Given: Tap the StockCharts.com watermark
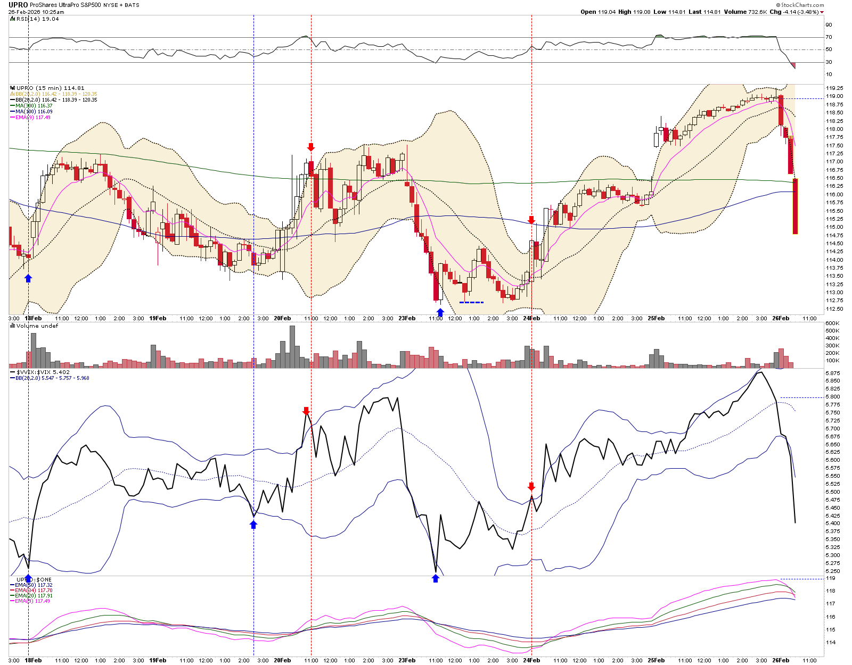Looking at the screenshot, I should point(802,5).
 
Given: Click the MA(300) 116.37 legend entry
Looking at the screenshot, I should point(34,106).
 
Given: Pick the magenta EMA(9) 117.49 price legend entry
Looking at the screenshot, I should point(33,118).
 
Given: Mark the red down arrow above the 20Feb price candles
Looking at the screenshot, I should point(311,147).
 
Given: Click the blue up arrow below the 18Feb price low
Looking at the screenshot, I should point(28,278).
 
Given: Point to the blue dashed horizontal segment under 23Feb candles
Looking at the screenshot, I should point(471,303).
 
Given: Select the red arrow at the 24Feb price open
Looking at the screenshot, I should point(531,220).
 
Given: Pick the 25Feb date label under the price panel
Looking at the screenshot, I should point(656,319).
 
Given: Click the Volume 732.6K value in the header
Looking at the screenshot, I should point(748,12).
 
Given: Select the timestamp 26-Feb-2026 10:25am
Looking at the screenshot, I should point(36,12).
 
